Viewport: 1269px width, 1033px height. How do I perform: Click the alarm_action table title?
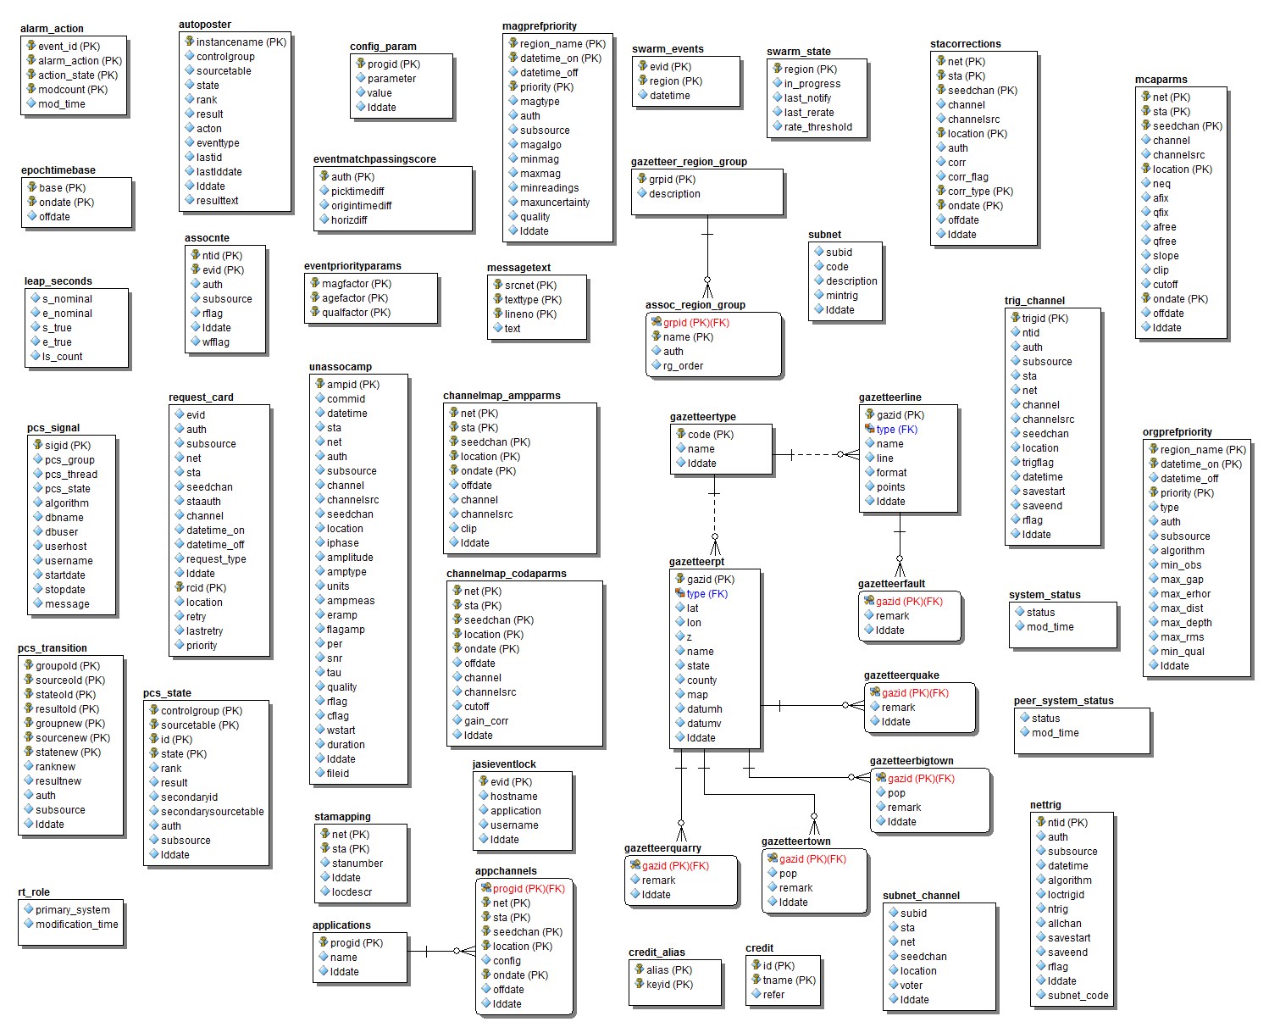pyautogui.click(x=52, y=29)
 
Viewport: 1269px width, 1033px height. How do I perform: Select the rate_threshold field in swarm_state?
pyautogui.click(x=818, y=127)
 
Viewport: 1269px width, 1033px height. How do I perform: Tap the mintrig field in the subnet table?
pyautogui.click(x=842, y=296)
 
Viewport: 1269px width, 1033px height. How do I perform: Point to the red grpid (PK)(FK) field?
pyautogui.click(x=695, y=323)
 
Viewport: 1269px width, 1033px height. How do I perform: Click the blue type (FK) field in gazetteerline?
pyautogui.click(x=896, y=429)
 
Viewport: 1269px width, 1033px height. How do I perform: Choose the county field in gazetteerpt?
pyautogui.click(x=701, y=680)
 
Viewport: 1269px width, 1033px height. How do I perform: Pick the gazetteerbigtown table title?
pyautogui.click(x=911, y=761)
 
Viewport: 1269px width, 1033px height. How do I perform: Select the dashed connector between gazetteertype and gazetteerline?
pyautogui.click(x=816, y=455)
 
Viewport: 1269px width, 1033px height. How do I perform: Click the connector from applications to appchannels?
pyautogui.click(x=441, y=951)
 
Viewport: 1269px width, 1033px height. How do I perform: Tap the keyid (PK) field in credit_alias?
pyautogui.click(x=669, y=984)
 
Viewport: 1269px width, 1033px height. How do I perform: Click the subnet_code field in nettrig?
pyautogui.click(x=1078, y=996)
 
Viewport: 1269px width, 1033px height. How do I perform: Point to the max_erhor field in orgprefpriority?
pyautogui.click(x=1185, y=594)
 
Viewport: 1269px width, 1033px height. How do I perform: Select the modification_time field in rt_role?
pyautogui.click(x=76, y=924)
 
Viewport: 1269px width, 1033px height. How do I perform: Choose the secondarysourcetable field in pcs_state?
pyautogui.click(x=212, y=811)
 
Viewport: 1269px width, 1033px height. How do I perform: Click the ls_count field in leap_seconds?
pyautogui.click(x=62, y=357)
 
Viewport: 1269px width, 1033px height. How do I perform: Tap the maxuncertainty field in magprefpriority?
pyautogui.click(x=554, y=202)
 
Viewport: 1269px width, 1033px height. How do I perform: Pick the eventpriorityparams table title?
pyautogui.click(x=352, y=266)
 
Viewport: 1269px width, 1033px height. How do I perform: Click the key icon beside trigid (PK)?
pyautogui.click(x=1015, y=318)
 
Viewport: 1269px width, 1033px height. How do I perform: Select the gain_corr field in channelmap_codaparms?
pyautogui.click(x=485, y=720)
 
